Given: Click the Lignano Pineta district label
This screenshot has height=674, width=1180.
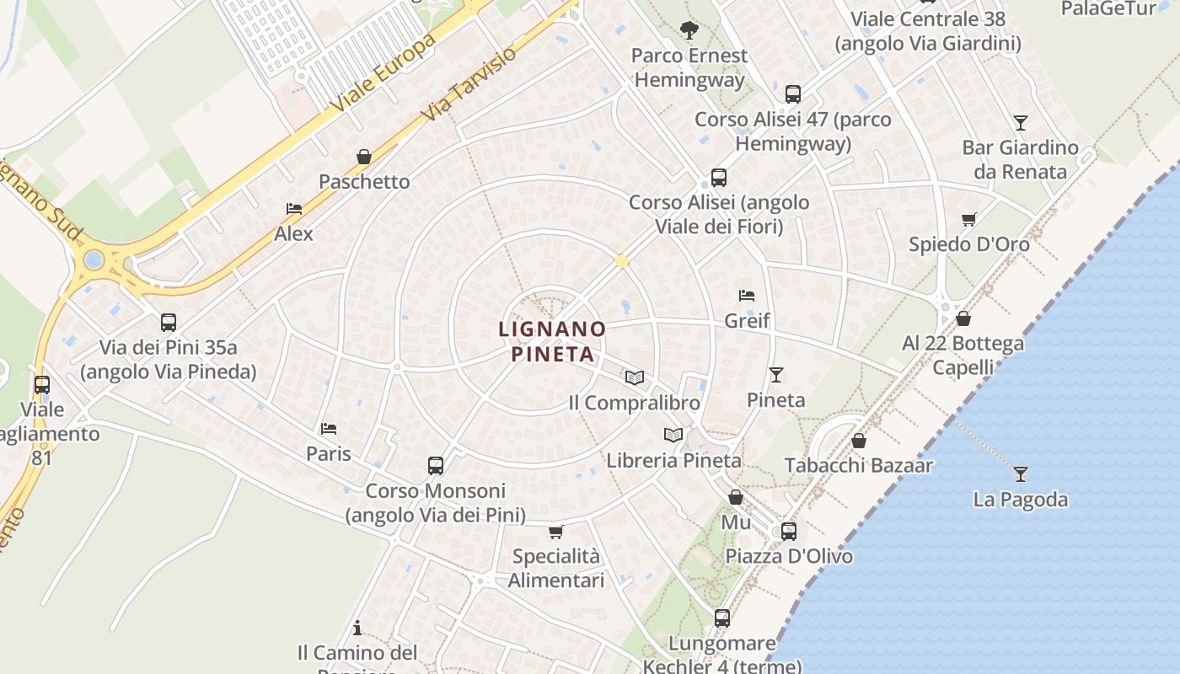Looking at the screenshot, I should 552,340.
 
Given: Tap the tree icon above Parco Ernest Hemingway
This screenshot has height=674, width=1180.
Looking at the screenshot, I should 689,30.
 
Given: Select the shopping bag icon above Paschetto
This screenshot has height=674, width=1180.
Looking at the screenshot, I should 364,157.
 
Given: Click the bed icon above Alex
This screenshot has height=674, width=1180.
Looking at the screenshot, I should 294,209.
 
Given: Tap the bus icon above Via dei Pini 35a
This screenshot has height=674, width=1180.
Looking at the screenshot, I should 169,322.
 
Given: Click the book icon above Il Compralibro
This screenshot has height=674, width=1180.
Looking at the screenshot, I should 635,377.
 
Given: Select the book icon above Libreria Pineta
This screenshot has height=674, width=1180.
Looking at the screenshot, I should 673,435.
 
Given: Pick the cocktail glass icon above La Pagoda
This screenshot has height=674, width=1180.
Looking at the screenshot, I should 1021,473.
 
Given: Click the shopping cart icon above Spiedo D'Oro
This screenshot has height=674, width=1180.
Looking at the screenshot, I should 969,219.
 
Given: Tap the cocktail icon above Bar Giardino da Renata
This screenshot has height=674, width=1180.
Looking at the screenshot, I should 1021,123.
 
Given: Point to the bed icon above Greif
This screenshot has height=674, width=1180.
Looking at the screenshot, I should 747,296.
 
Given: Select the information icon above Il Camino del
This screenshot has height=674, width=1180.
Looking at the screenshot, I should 357,628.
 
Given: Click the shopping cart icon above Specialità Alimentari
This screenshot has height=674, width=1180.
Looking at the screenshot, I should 556,532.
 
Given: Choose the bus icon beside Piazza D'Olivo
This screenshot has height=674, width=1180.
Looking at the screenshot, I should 789,532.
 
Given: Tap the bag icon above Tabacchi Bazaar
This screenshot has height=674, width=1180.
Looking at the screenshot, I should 859,441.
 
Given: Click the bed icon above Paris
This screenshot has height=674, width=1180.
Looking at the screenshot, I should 329,429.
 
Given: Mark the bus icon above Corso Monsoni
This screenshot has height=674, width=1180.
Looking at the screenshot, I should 436,465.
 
